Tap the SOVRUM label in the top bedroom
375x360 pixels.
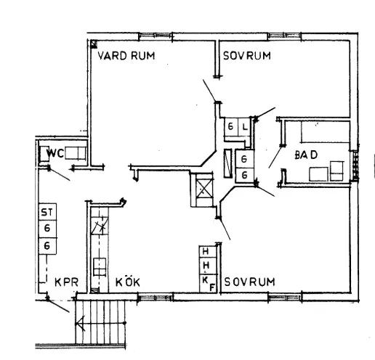tap(247, 56)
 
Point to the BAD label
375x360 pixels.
tap(307, 155)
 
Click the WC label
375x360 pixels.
tap(55, 154)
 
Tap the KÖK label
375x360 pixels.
tap(128, 282)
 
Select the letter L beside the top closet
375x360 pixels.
tap(245, 126)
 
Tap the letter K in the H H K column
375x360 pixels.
tap(205, 277)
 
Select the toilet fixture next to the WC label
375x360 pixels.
tap(77, 153)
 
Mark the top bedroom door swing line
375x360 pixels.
tap(209, 91)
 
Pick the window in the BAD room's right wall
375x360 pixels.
tap(355, 161)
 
